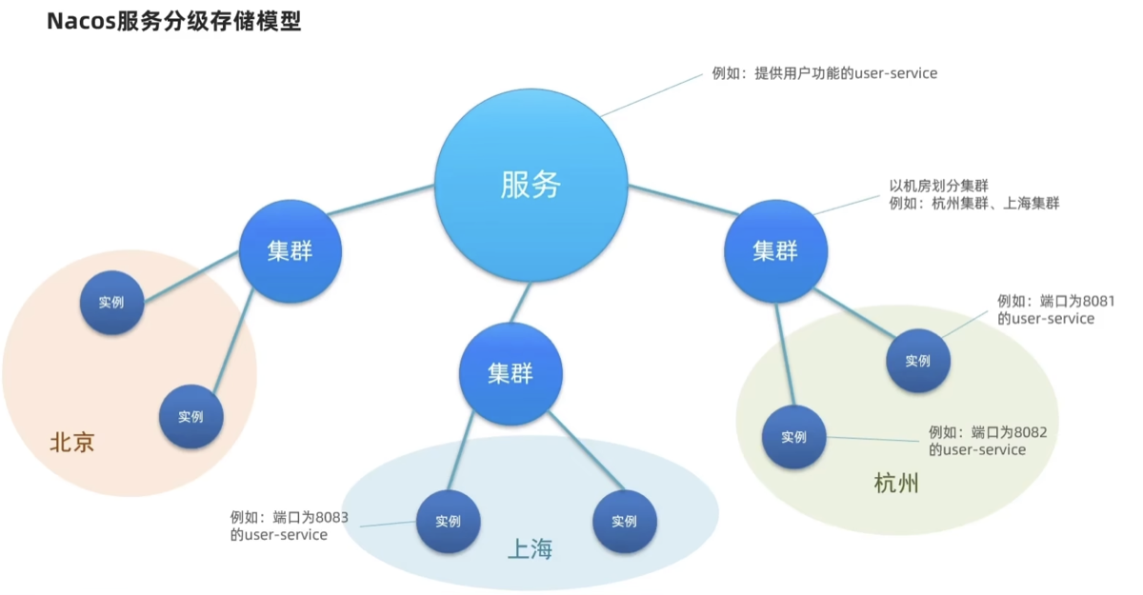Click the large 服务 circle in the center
click(531, 185)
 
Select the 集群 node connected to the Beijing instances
click(291, 250)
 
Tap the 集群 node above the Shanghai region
click(511, 374)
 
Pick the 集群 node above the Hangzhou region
click(775, 250)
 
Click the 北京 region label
click(72, 442)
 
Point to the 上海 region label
click(531, 549)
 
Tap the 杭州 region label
click(896, 483)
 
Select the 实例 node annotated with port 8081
click(918, 361)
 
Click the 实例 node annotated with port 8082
click(794, 437)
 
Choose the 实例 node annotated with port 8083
click(448, 521)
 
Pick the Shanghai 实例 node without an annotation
click(625, 521)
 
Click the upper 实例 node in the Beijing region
click(111, 303)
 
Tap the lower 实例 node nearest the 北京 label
click(191, 417)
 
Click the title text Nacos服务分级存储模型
click(174, 21)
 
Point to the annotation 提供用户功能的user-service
click(846, 73)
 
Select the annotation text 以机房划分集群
click(939, 186)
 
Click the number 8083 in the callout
click(331, 518)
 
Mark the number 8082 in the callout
click(1031, 432)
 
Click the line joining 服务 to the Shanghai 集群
click(520, 303)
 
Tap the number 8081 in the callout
click(1098, 302)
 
